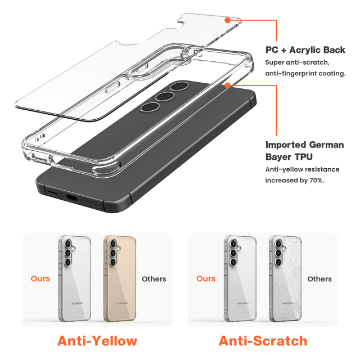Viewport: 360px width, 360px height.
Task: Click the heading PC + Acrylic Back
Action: (x=305, y=50)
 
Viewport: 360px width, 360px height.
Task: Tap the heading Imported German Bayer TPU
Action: (x=304, y=150)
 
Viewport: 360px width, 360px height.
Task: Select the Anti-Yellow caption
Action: (x=97, y=340)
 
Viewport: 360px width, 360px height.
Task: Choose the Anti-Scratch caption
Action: (x=263, y=340)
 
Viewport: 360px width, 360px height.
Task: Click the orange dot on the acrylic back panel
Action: (x=227, y=20)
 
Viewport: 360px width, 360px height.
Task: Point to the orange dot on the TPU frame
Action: (x=227, y=85)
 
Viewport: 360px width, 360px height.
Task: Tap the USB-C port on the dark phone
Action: (x=71, y=198)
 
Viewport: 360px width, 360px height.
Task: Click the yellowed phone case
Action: (x=119, y=279)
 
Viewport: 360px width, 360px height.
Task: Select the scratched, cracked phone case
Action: (x=285, y=279)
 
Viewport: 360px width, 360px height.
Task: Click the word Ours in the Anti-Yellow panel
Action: (x=40, y=279)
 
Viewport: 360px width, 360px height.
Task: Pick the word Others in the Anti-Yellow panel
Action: (x=154, y=279)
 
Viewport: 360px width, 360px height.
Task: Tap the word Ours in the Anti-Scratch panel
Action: (x=206, y=279)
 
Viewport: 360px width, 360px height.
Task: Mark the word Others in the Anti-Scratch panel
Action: (x=319, y=279)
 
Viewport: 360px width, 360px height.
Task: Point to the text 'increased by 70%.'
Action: (x=295, y=181)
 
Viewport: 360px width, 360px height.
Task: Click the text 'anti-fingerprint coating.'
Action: (x=305, y=74)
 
